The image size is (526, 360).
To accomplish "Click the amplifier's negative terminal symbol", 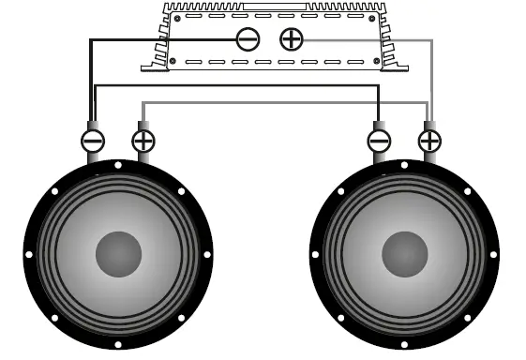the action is tap(248, 39).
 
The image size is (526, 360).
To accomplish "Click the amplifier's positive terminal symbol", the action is tap(293, 39).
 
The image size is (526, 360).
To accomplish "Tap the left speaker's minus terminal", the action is tap(94, 142).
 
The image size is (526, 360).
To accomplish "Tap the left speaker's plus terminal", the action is tap(143, 142).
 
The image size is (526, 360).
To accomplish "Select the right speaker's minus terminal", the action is tap(380, 142).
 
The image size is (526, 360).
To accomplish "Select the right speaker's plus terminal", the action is tap(429, 142).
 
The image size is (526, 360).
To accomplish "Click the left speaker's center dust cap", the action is tap(118, 253).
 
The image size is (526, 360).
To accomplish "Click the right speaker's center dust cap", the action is tap(406, 253).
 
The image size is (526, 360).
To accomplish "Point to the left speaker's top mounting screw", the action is tap(117, 165).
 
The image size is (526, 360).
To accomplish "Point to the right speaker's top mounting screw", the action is tap(406, 165).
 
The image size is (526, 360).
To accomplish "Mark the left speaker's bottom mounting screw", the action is tap(117, 343).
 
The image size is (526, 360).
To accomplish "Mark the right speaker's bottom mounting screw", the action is tap(406, 343).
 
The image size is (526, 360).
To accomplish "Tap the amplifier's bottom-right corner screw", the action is tap(368, 61).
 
